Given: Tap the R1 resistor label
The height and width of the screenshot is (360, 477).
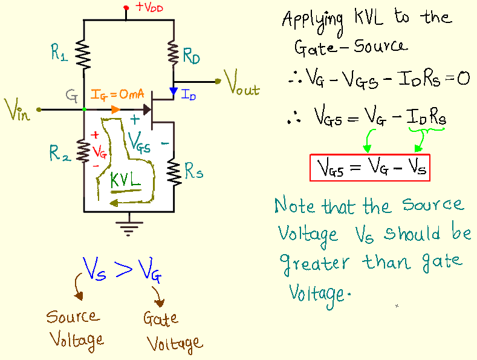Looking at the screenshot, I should [59, 55].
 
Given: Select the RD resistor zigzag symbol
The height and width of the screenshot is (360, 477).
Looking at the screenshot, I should [174, 55].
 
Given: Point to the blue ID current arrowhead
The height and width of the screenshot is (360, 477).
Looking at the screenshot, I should [174, 93].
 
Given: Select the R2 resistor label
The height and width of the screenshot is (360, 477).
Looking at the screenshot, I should [59, 154].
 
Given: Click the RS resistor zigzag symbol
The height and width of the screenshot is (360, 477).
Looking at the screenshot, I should [174, 171].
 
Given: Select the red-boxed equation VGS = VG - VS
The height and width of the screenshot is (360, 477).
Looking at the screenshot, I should [369, 168].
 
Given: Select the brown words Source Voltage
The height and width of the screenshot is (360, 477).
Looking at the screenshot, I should [75, 328].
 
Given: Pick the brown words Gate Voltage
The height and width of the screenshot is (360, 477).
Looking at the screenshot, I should [172, 331].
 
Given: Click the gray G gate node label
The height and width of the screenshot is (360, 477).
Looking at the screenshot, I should [72, 95].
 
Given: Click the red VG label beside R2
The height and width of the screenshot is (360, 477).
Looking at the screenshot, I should [99, 149].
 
